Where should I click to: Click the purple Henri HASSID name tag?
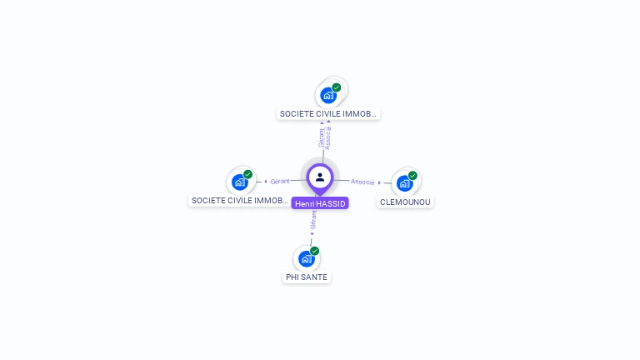(x=320, y=203)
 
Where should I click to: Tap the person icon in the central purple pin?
(x=320, y=177)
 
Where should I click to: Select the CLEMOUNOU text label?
(x=405, y=202)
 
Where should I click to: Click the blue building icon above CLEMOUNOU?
(x=404, y=182)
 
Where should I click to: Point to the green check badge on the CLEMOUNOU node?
(x=412, y=176)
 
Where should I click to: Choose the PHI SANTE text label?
(x=307, y=277)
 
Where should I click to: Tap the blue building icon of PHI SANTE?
(x=306, y=258)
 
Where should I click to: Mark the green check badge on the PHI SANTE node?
(x=314, y=251)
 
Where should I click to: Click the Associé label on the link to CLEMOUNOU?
(x=362, y=181)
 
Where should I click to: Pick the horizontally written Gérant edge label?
(x=280, y=181)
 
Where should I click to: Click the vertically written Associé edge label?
(x=328, y=137)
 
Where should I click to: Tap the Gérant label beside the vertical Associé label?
(x=321, y=137)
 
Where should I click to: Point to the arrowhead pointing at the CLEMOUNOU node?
(x=379, y=182)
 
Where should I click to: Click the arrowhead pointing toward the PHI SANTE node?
(x=312, y=234)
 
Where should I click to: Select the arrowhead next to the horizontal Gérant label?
(x=265, y=181)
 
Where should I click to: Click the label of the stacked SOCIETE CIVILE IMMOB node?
(x=328, y=113)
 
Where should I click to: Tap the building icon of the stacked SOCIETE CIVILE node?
(x=328, y=95)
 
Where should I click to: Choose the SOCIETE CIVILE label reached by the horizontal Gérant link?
(x=239, y=200)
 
